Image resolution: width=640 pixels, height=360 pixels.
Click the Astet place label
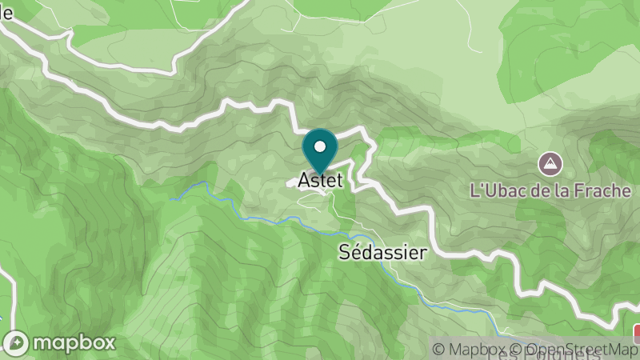tap(320, 181)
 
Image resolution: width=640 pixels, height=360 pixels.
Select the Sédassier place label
tap(382, 252)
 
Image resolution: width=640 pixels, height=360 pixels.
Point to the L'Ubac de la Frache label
tap(550, 191)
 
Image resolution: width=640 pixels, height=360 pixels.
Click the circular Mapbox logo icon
tap(17, 342)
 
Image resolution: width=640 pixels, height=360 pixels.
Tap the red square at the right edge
tap(637, 333)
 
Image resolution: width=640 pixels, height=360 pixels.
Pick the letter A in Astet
tap(304, 181)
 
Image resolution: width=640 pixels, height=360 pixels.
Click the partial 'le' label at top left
tap(7, 13)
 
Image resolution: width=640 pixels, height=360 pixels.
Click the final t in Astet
tap(338, 181)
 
